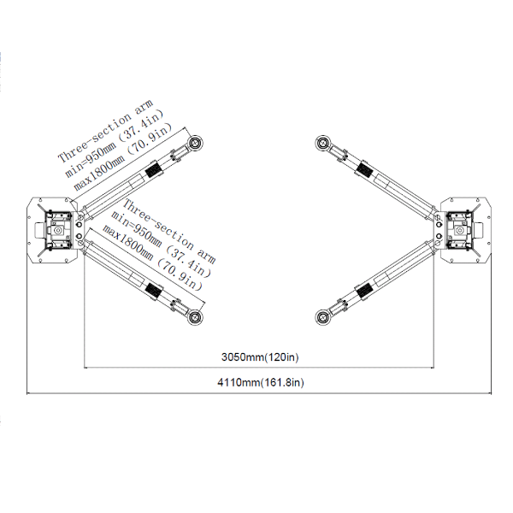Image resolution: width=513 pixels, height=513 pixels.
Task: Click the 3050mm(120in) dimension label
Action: [x=260, y=357]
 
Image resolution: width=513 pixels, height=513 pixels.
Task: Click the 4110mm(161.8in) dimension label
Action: [x=261, y=382]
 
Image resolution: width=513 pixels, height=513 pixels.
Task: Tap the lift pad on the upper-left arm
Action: [x=195, y=143]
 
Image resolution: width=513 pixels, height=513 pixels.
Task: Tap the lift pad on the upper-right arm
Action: [x=323, y=143]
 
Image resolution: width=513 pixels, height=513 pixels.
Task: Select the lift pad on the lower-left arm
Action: [x=195, y=317]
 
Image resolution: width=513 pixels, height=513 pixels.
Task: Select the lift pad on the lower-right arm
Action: [x=323, y=317]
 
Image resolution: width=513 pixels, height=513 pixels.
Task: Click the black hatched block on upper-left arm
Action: [x=153, y=169]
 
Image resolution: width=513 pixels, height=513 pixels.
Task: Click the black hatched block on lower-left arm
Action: [x=153, y=290]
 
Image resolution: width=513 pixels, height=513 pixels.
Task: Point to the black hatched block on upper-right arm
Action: [x=364, y=169]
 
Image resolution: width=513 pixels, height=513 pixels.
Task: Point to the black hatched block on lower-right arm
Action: [x=364, y=290]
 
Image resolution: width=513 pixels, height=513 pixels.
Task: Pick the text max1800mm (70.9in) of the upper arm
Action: [x=123, y=157]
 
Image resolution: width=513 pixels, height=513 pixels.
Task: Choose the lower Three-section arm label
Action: [x=168, y=232]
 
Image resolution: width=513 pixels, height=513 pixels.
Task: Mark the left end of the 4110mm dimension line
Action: [x=27, y=393]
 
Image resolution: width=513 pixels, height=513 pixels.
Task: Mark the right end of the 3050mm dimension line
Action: [x=433, y=368]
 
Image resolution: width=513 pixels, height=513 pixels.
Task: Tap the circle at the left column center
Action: [x=59, y=230]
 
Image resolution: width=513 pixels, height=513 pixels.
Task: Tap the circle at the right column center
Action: [x=460, y=230]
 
